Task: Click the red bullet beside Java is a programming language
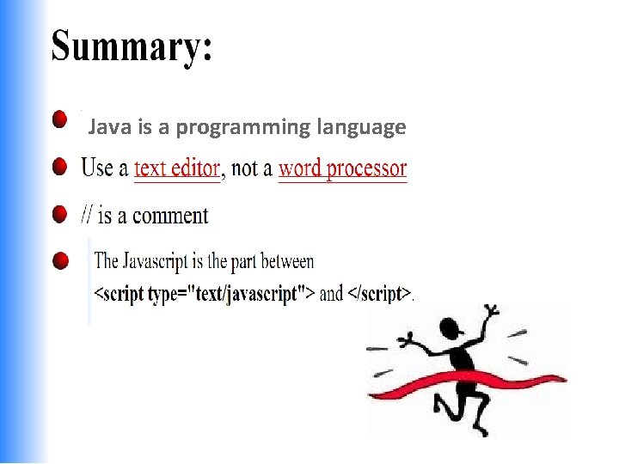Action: coord(59,119)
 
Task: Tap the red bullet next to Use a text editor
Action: coord(59,166)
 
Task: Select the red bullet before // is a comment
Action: coord(59,212)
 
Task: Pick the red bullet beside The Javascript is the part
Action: coord(59,259)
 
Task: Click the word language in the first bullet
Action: coord(361,127)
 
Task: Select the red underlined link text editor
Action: coord(177,168)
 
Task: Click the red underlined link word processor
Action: coord(342,168)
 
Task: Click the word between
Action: coord(287,260)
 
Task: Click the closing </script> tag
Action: coord(378,294)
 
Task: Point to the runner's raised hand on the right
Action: coord(491,311)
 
